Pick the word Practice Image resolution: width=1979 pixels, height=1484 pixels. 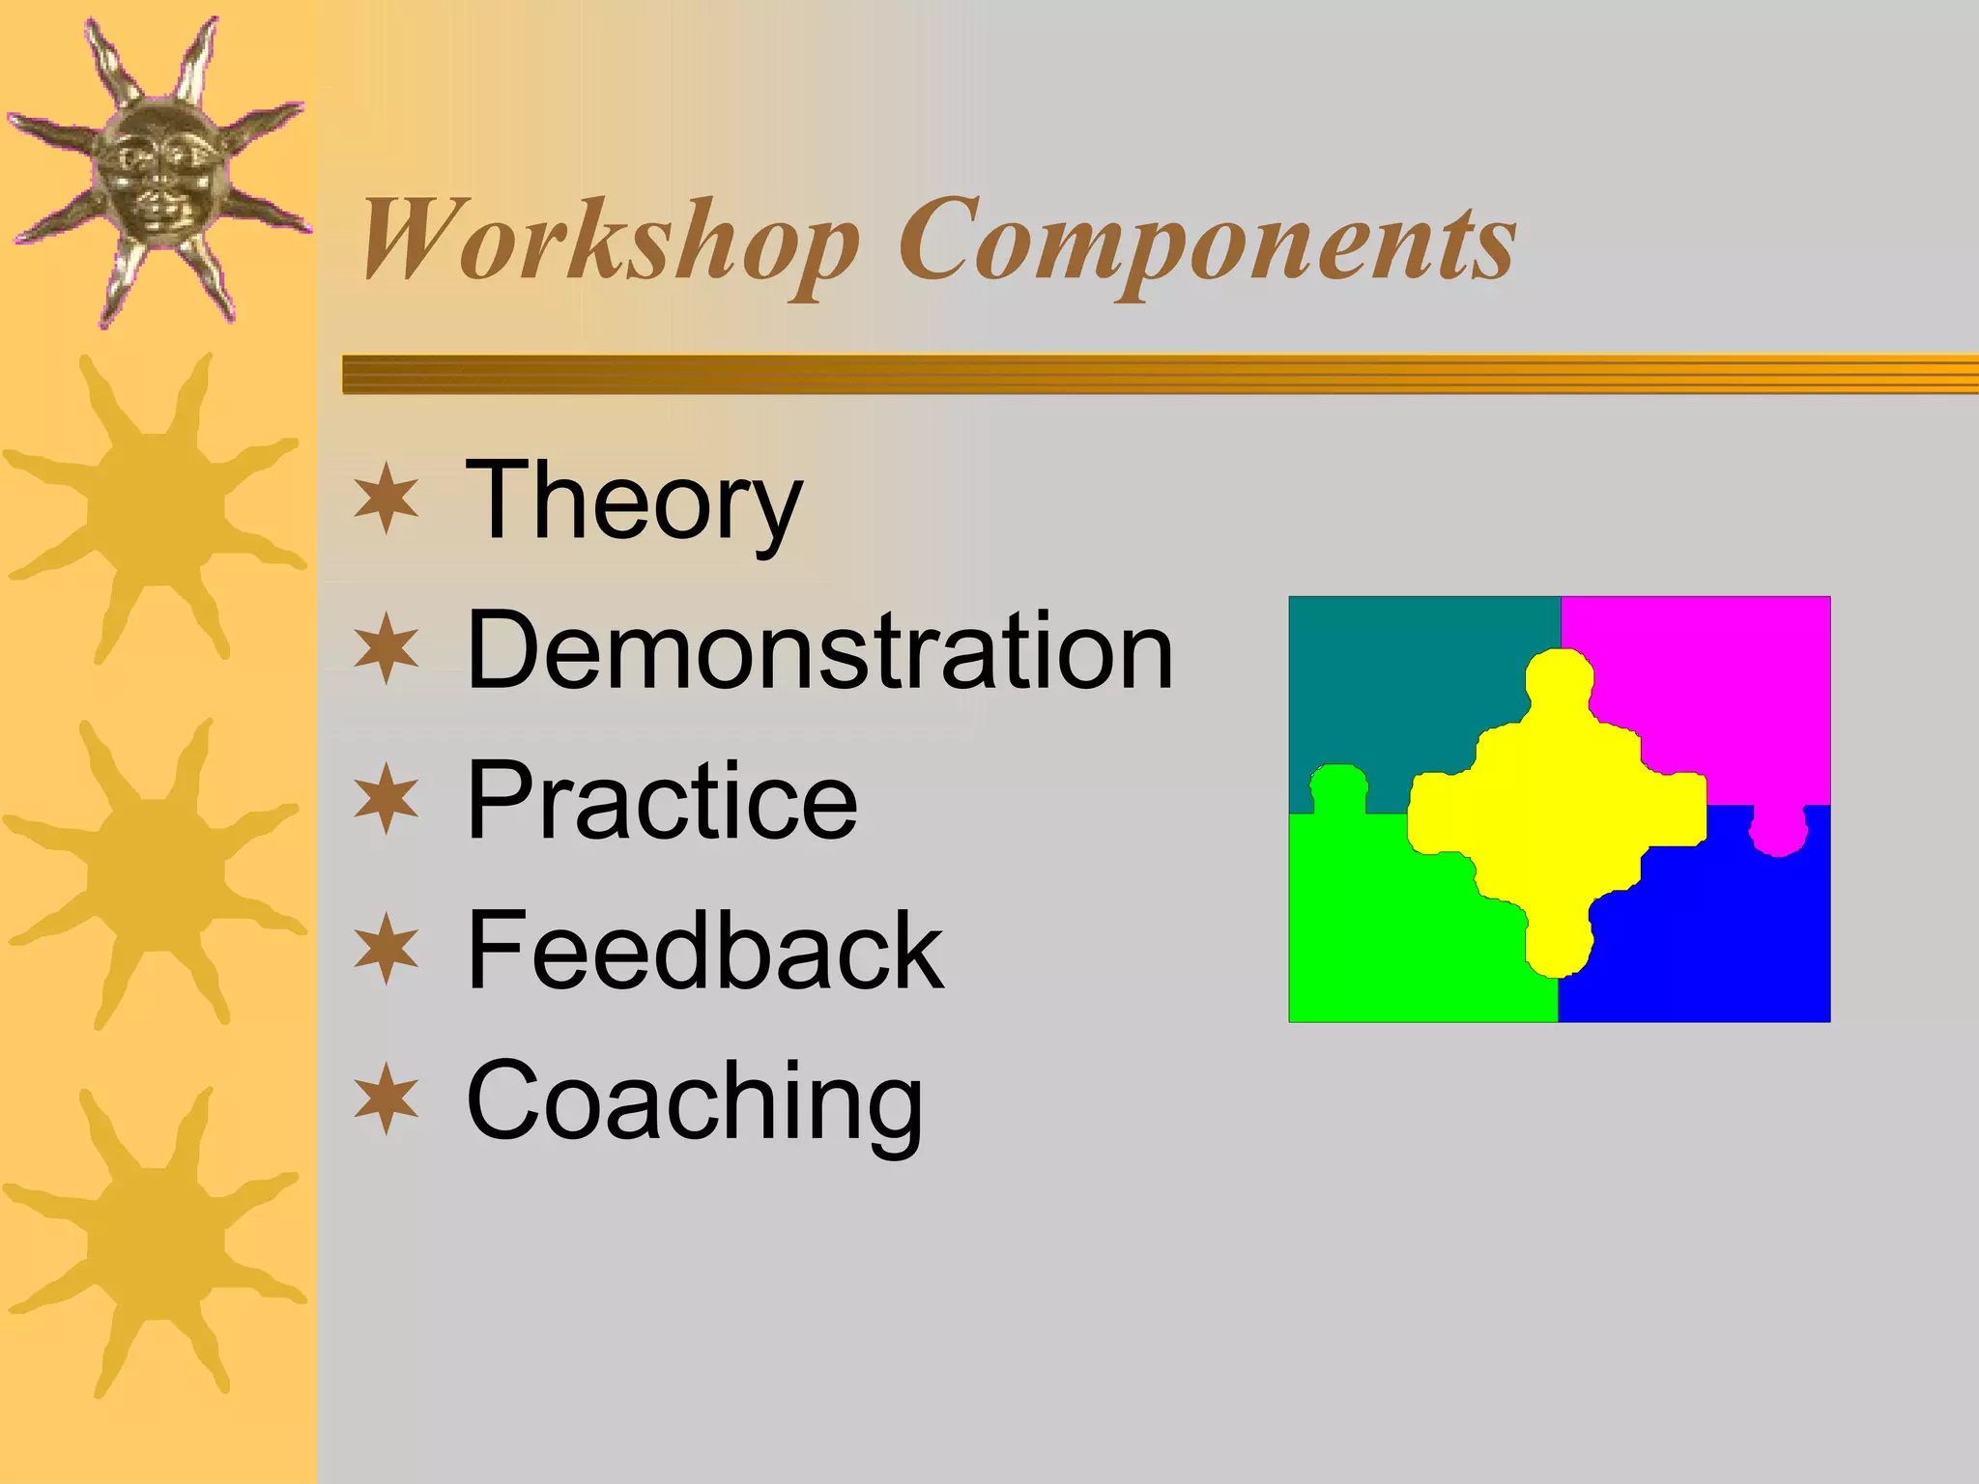coord(662,801)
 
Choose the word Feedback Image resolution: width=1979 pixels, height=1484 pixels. coord(704,951)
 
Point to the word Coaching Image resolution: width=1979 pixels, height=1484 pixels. coord(694,1100)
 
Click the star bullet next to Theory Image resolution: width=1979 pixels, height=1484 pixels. coord(387,499)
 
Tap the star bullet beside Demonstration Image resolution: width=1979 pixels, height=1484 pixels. coord(387,648)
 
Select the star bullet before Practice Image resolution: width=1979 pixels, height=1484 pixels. coord(387,799)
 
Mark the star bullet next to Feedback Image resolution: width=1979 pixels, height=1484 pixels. coord(387,949)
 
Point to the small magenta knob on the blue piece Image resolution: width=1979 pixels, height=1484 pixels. coord(1778,831)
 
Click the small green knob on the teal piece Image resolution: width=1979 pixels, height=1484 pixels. coord(1338,787)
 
